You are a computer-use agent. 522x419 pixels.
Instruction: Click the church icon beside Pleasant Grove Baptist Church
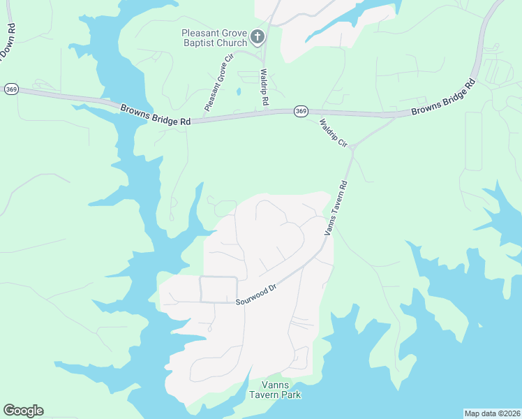pos(258,36)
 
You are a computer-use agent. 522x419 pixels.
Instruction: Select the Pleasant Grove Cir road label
pos(218,87)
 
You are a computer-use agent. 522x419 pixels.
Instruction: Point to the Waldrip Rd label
pos(264,87)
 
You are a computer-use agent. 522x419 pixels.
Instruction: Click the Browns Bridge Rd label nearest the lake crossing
pos(155,115)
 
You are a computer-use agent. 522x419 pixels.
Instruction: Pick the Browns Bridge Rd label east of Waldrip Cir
pos(442,98)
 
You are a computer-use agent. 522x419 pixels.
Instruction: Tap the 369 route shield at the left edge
pos(10,89)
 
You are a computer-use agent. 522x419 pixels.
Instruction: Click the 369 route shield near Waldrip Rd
pos(300,111)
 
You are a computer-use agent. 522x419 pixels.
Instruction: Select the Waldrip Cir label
pos(333,133)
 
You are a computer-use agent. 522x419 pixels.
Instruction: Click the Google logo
pos(23,411)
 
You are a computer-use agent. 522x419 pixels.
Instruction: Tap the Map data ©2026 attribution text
pos(491,413)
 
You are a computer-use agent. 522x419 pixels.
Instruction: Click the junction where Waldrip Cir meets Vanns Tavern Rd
pos(353,147)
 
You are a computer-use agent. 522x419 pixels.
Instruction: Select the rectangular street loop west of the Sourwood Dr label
pos(218,289)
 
